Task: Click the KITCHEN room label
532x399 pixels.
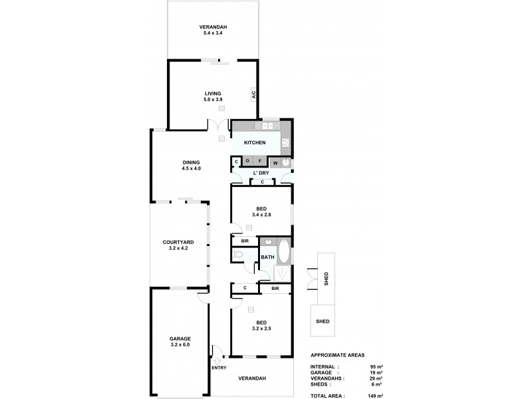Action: (255, 143)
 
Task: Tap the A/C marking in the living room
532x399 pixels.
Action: (253, 95)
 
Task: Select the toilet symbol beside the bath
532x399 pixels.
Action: (238, 255)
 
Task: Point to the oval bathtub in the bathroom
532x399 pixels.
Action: (283, 253)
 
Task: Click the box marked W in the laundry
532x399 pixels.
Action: (275, 162)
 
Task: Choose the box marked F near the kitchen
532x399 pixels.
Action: (260, 162)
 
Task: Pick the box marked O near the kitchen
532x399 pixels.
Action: (247, 162)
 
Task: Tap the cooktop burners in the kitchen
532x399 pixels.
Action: (286, 142)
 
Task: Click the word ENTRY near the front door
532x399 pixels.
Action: (218, 367)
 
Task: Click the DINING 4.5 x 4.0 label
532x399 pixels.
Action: (192, 165)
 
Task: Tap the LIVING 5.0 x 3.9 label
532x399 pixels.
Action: (213, 96)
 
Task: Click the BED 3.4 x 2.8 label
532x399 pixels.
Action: (261, 211)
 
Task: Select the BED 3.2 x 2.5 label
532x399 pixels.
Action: (261, 325)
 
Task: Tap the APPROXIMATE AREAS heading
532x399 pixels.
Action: (337, 356)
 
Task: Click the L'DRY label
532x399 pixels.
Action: (261, 173)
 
